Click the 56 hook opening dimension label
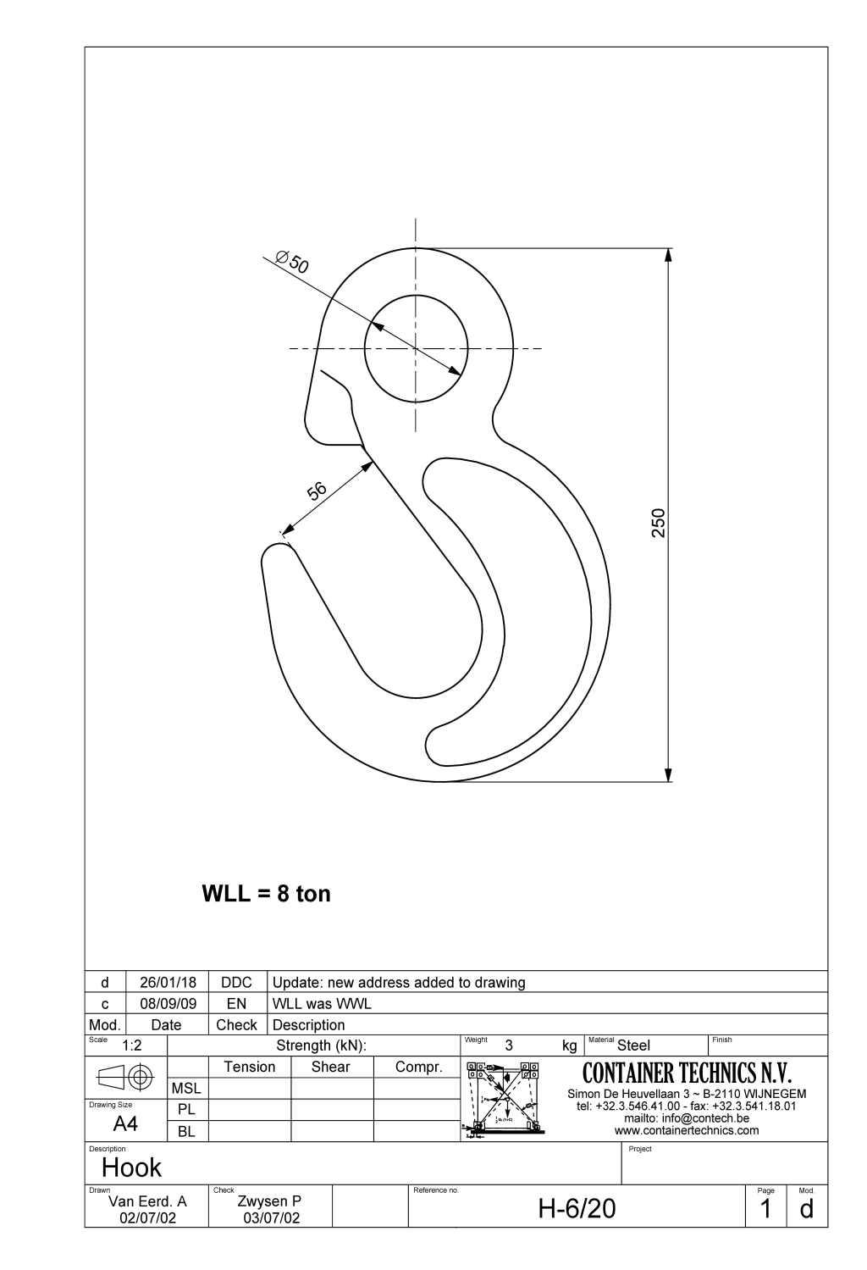pyautogui.click(x=316, y=491)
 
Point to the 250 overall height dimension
pyautogui.click(x=659, y=522)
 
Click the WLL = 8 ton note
pyautogui.click(x=266, y=894)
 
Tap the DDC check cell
pyautogui.click(x=236, y=982)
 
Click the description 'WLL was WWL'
pyautogui.click(x=322, y=1003)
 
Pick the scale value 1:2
pyautogui.click(x=131, y=1045)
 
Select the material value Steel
pyautogui.click(x=633, y=1045)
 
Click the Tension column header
pyautogui.click(x=249, y=1067)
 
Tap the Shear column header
pyautogui.click(x=330, y=1067)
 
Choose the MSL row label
pyautogui.click(x=186, y=1088)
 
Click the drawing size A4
pyautogui.click(x=125, y=1124)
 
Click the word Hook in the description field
pyautogui.click(x=131, y=1167)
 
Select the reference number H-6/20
pyautogui.click(x=577, y=1209)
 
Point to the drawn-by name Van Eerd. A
pyautogui.click(x=147, y=1201)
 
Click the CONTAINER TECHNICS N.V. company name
pyautogui.click(x=687, y=1073)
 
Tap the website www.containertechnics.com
pyautogui.click(x=687, y=1130)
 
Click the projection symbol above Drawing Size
pyautogui.click(x=126, y=1077)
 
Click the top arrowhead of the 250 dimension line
pyautogui.click(x=668, y=255)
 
